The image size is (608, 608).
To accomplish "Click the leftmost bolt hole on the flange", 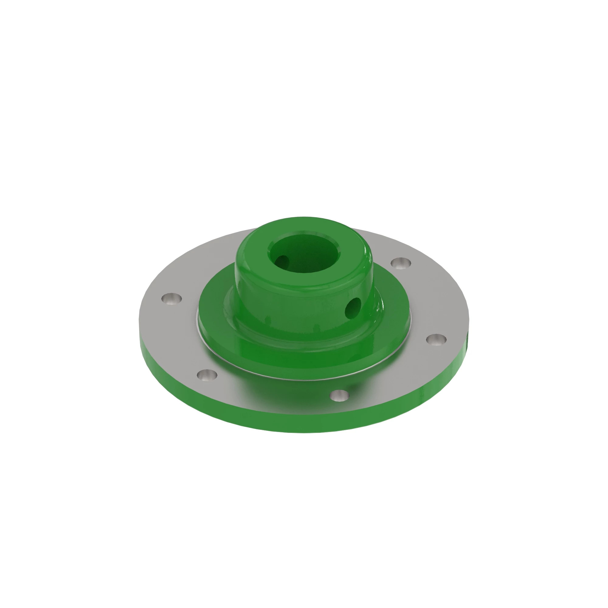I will [x=171, y=298].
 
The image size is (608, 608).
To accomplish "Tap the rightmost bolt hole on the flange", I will [x=436, y=340].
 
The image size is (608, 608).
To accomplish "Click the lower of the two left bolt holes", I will [x=207, y=375].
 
